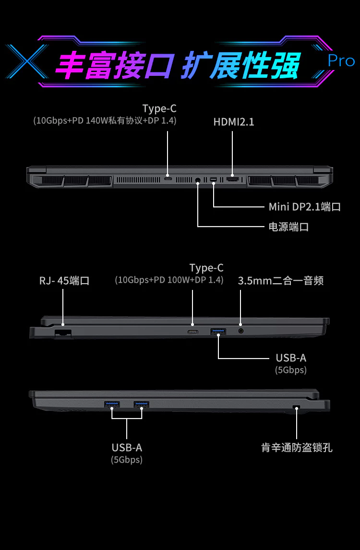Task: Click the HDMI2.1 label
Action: pyautogui.click(x=234, y=122)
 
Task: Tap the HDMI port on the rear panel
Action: pyautogui.click(x=233, y=180)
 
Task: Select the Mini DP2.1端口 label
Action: pyautogui.click(x=304, y=207)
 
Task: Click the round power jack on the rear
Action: pyautogui.click(x=198, y=180)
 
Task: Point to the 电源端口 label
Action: pyautogui.click(x=288, y=227)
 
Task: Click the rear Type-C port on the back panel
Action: pyautogui.click(x=168, y=179)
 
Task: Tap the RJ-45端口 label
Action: pyautogui.click(x=64, y=280)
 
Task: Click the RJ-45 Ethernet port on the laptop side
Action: pyautogui.click(x=63, y=332)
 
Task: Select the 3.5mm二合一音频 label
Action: pyautogui.click(x=281, y=280)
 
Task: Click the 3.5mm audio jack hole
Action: pyautogui.click(x=241, y=331)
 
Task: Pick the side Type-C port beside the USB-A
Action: pyautogui.click(x=192, y=332)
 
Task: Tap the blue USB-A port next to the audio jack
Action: pyautogui.click(x=218, y=331)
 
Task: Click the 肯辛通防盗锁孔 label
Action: pyautogui.click(x=297, y=448)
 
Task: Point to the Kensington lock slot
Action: pyautogui.click(x=296, y=407)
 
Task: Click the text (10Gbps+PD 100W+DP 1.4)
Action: pyautogui.click(x=169, y=280)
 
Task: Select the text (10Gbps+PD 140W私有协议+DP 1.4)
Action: pyautogui.click(x=105, y=120)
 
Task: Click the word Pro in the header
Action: pyautogui.click(x=341, y=61)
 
